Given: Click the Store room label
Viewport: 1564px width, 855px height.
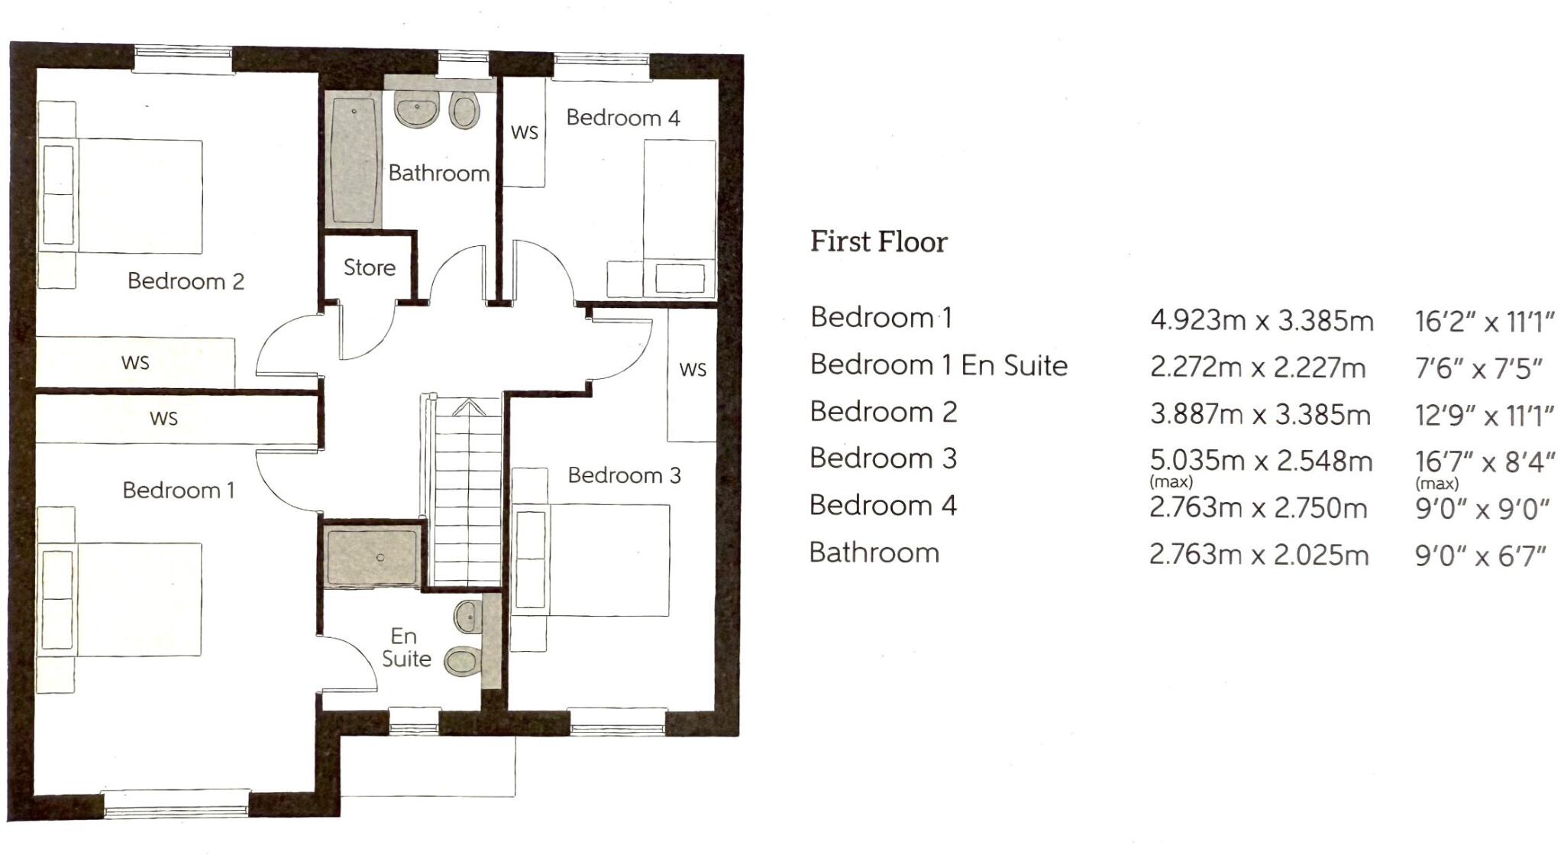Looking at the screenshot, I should point(370,267).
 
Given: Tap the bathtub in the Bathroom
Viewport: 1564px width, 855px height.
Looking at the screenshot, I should point(354,160).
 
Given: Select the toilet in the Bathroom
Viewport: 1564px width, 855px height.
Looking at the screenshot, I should point(464,111).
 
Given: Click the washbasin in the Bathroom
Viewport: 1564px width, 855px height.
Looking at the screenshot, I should point(417,110).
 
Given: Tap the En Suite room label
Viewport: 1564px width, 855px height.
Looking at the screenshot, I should point(405,647).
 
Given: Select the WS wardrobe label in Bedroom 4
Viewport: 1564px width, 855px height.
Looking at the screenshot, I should point(525,132).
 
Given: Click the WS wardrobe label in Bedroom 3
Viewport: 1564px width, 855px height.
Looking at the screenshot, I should point(693,370).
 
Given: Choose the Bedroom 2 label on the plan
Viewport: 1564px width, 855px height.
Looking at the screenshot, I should point(186,281).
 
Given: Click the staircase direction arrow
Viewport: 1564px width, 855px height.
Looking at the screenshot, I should point(468,407).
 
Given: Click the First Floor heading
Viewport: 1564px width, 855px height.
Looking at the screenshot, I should point(878,241).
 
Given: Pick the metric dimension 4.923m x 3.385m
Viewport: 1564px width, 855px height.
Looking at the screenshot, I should point(1262,320).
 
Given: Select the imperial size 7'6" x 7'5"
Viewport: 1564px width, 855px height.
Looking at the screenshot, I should point(1478,369).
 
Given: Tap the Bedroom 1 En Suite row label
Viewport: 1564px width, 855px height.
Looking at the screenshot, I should point(939,365).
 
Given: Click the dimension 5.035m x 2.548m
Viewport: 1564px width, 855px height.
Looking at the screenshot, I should point(1261,461).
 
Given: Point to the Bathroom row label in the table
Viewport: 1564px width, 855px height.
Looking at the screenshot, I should point(874,552).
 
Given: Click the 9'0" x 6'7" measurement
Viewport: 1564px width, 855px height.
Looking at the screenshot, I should point(1480,555).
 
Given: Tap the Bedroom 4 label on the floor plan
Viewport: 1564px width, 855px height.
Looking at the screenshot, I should point(622,118).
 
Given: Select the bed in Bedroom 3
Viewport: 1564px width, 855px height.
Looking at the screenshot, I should point(592,559).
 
